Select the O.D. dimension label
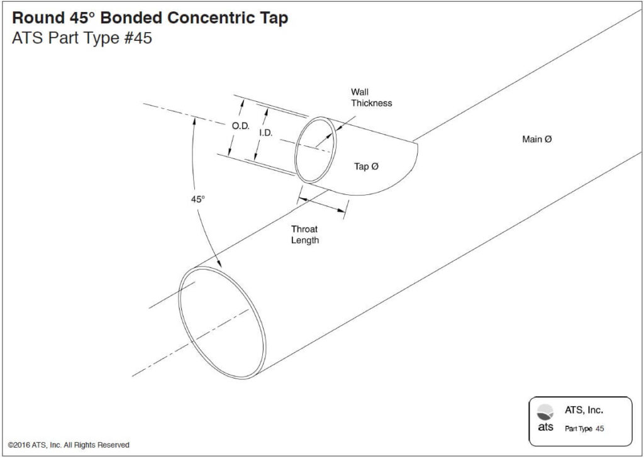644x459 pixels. [240, 126]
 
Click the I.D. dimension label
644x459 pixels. [266, 133]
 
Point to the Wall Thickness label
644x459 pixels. [371, 97]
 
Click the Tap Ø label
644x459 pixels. [365, 167]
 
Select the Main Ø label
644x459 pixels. [536, 139]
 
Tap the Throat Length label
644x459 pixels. [304, 235]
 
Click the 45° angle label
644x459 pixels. [198, 199]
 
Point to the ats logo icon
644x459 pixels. [546, 412]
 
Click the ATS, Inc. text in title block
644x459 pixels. [584, 410]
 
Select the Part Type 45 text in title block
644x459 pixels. [584, 429]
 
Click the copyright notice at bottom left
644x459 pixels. [69, 445]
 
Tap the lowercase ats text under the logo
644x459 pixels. [545, 427]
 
